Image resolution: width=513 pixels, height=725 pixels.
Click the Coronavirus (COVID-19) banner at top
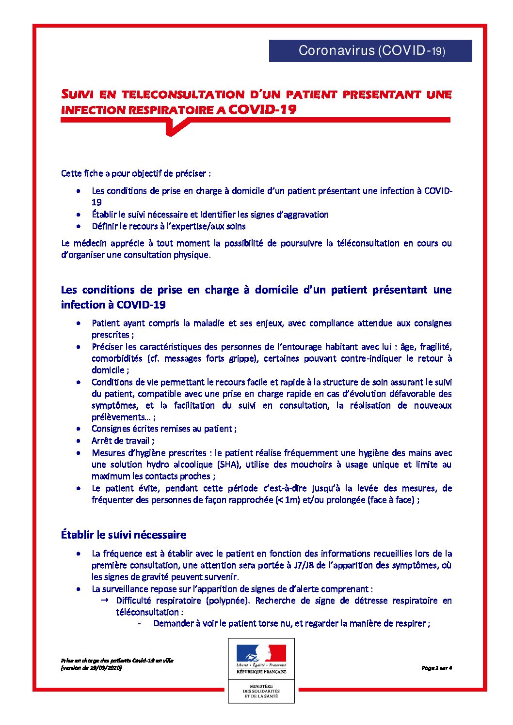(370, 51)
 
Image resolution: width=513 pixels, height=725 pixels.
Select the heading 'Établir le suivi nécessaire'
(124, 535)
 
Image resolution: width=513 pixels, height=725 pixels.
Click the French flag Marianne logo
(261, 654)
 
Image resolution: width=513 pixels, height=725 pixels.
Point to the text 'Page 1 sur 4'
(436, 668)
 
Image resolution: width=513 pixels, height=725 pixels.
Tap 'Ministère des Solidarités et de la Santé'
(261, 691)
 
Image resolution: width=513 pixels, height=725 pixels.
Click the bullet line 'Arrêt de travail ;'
(123, 441)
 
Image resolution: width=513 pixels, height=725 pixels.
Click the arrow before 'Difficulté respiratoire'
(104, 601)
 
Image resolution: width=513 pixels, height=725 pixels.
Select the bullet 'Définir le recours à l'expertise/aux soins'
(168, 226)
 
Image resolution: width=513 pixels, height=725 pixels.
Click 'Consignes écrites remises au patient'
(163, 429)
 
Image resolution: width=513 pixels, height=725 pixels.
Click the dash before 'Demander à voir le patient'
(140, 624)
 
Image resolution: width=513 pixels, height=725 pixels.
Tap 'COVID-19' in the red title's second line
(262, 109)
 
